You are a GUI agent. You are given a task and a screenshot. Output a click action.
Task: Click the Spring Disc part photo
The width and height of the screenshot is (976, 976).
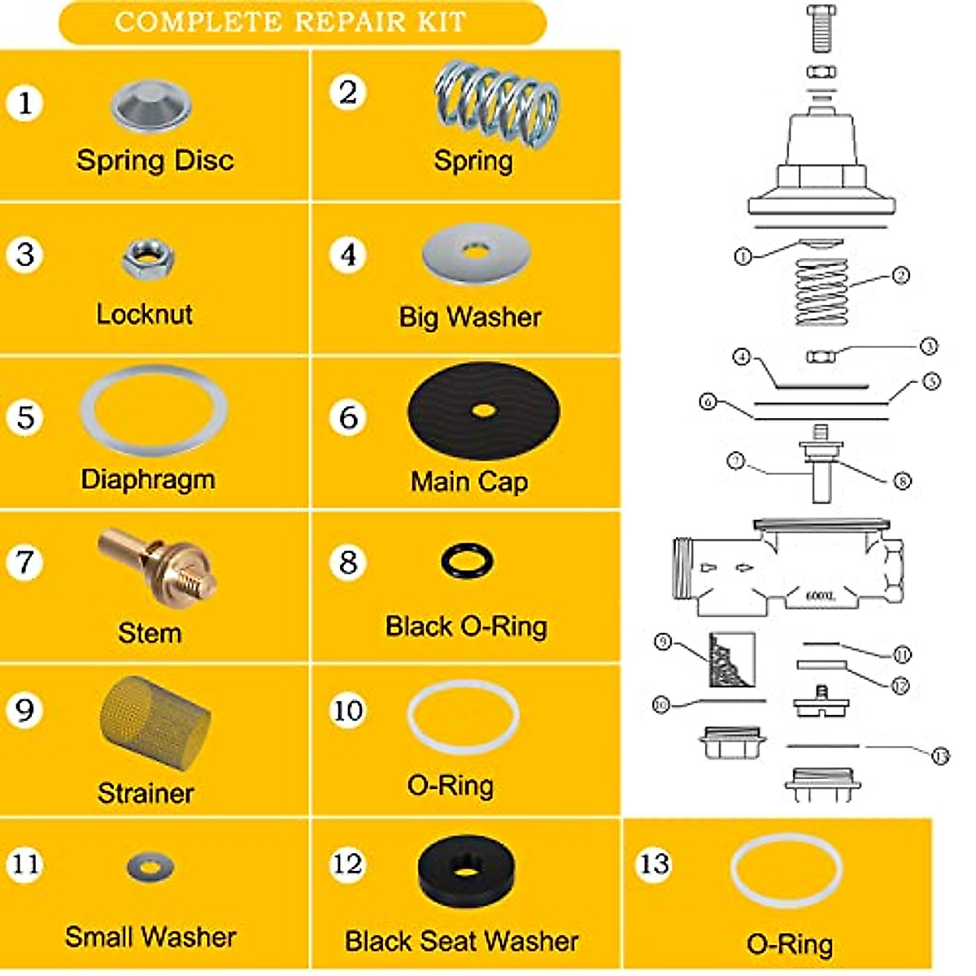[x=150, y=105]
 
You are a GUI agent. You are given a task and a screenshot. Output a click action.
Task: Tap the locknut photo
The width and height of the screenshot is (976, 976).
[x=147, y=259]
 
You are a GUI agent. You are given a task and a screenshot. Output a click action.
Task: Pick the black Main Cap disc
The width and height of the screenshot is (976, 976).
[x=483, y=411]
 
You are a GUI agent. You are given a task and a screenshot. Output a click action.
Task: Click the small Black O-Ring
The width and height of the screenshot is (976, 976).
[x=467, y=560]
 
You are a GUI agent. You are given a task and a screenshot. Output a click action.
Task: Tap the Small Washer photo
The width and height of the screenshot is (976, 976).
[x=150, y=866]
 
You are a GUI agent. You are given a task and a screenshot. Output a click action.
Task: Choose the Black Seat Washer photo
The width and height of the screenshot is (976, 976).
[x=466, y=871]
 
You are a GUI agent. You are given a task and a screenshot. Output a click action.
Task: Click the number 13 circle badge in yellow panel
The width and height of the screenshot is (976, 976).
[x=654, y=864]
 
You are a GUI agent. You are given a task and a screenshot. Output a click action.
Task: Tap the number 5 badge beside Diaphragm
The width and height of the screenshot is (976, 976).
[x=25, y=417]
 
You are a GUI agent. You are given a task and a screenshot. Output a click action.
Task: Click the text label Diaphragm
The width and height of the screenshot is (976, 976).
[x=148, y=479]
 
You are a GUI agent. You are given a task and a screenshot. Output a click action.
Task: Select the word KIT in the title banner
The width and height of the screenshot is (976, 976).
[x=442, y=22]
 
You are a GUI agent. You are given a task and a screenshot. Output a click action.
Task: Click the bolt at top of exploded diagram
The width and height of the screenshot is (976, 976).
[x=821, y=28]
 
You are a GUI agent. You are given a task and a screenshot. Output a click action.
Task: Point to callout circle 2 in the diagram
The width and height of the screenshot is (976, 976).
[x=901, y=275]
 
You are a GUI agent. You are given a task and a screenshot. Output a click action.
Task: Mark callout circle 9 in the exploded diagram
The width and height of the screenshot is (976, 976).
[x=663, y=643]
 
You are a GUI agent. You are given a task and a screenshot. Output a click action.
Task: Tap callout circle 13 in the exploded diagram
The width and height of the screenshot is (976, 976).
[x=940, y=756]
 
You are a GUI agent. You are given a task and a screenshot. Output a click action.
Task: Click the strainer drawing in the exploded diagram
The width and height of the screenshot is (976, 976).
[x=731, y=660]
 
